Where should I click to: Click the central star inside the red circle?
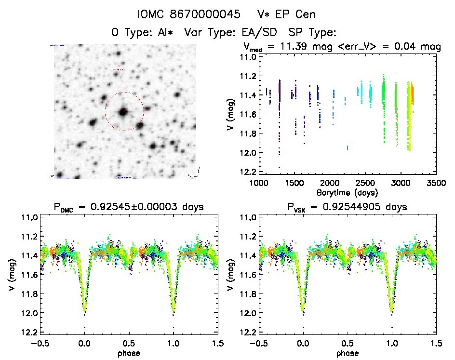pos(124,112)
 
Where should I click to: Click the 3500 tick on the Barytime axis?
pos(436,184)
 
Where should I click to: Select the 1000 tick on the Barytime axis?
pos(259,184)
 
